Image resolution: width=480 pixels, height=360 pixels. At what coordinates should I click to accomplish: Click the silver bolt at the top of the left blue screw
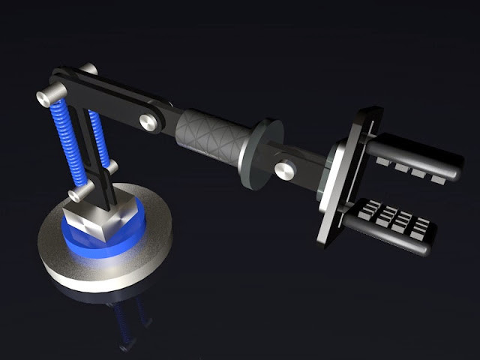pyautogui.click(x=45, y=96)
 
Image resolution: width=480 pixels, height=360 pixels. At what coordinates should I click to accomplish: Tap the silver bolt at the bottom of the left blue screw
pyautogui.click(x=76, y=196)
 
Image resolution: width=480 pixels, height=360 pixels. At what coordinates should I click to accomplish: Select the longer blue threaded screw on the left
pyautogui.click(x=65, y=146)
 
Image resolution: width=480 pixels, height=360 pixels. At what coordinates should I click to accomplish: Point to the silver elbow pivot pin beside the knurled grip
pyautogui.click(x=147, y=120)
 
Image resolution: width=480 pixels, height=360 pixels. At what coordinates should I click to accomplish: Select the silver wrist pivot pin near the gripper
pyautogui.click(x=283, y=169)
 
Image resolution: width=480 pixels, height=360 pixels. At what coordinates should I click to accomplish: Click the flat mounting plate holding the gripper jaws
pyautogui.click(x=343, y=180)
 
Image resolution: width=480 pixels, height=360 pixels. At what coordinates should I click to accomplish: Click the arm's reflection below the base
pyautogui.click(x=127, y=319)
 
